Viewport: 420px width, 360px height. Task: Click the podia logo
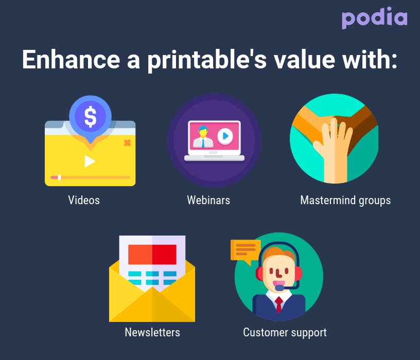click(x=375, y=17)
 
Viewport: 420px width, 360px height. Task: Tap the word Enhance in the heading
click(x=71, y=60)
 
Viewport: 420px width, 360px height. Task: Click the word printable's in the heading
click(x=207, y=61)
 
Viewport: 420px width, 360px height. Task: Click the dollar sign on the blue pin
click(x=90, y=116)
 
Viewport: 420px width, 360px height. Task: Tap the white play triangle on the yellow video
click(x=90, y=161)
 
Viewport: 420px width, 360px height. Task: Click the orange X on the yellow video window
click(x=128, y=143)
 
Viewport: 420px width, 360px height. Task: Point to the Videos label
click(x=84, y=200)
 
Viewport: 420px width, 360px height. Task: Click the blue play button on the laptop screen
click(x=225, y=136)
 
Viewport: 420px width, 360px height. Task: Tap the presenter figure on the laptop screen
click(x=203, y=137)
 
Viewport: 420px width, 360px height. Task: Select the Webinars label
click(x=208, y=200)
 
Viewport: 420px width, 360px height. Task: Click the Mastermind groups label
click(x=345, y=201)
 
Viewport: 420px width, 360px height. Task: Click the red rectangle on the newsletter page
click(x=152, y=254)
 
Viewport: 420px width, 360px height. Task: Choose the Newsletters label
click(x=152, y=332)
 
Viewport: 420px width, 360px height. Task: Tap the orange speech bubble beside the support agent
click(x=246, y=251)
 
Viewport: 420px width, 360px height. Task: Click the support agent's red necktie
click(x=279, y=304)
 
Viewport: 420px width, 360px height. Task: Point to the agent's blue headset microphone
click(x=279, y=288)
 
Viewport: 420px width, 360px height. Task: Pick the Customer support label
click(x=285, y=333)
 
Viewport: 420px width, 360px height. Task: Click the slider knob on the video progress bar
click(x=60, y=177)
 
